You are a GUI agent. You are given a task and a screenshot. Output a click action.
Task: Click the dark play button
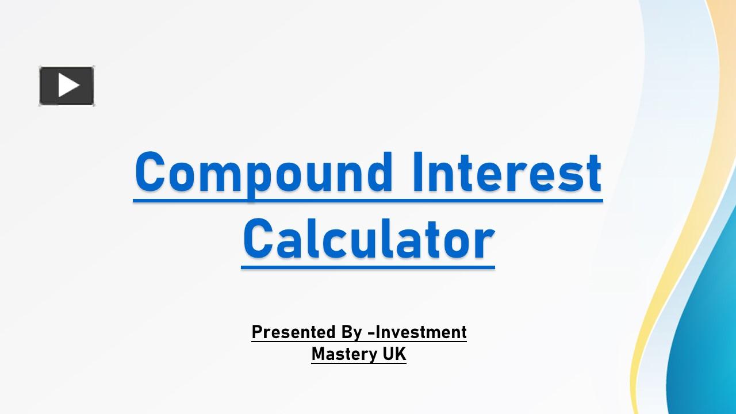click(66, 86)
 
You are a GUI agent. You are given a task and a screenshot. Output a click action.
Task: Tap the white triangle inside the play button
click(68, 86)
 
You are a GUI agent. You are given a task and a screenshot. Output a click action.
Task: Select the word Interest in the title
click(507, 172)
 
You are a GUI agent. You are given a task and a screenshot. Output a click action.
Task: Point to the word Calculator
click(368, 239)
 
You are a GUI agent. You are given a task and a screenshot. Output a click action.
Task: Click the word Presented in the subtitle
click(293, 332)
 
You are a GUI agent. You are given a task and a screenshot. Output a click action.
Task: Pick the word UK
click(394, 354)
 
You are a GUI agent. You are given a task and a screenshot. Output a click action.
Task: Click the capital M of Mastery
click(318, 354)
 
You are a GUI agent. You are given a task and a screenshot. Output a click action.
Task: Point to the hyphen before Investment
click(371, 333)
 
